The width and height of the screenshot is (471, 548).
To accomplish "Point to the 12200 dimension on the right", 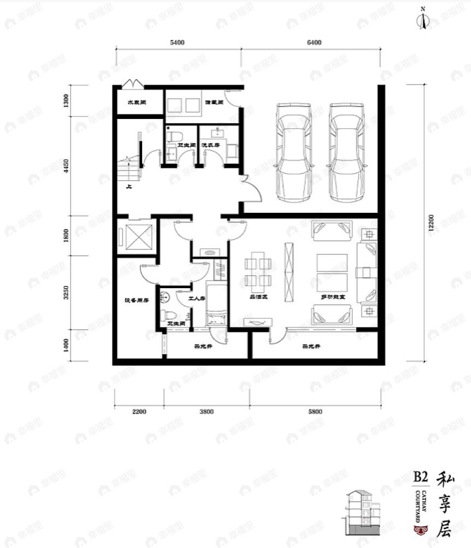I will pos(431,222).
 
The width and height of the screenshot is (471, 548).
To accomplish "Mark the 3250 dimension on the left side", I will pos(66,293).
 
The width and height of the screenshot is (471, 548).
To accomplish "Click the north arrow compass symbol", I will pos(423,20).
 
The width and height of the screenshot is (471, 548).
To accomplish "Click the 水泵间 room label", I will pos(136,102).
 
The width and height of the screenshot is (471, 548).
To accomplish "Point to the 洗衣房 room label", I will pos(210,146).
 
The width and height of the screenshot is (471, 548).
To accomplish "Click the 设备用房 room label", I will pos(137,300).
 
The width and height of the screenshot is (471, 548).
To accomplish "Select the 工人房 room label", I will pos(196,299).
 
